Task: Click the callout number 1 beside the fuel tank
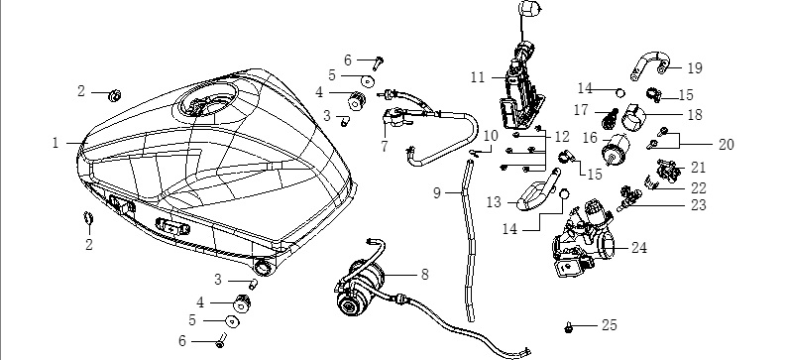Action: (56, 143)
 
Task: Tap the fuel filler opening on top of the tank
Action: (206, 102)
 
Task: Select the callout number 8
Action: (425, 275)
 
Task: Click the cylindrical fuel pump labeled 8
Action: (360, 287)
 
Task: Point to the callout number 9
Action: (437, 192)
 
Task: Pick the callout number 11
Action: (478, 77)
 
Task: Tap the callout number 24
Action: (639, 248)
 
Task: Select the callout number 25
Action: (610, 325)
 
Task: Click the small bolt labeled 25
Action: (569, 328)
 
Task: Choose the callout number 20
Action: (727, 145)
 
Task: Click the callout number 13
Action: (494, 202)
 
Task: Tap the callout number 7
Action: (385, 147)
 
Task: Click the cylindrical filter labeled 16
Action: (616, 149)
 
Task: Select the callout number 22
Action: (698, 188)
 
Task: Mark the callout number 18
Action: (695, 114)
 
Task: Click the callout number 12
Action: (562, 136)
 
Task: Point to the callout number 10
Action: (491, 136)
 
